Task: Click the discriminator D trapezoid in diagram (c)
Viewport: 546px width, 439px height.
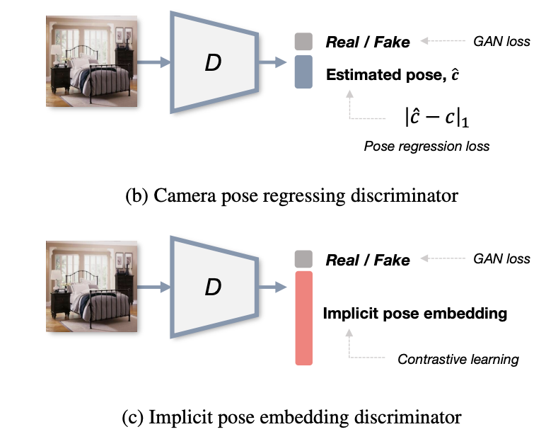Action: click(212, 287)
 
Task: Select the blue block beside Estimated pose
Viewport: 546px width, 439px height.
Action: click(303, 72)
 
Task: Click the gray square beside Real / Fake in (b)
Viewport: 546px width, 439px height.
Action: click(303, 41)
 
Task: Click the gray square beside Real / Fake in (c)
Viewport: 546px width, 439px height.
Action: click(303, 259)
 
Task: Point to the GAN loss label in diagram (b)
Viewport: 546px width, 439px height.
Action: click(501, 41)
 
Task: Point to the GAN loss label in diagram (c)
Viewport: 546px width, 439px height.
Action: click(501, 259)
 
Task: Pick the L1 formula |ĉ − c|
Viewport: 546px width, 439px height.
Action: click(437, 116)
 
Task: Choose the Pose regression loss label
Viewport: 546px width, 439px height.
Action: click(426, 147)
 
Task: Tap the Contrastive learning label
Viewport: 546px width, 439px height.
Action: click(458, 359)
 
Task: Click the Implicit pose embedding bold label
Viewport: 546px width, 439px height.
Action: click(414, 313)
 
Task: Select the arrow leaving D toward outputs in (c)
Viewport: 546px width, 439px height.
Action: click(272, 287)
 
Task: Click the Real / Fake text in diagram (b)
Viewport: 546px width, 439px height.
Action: click(367, 42)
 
